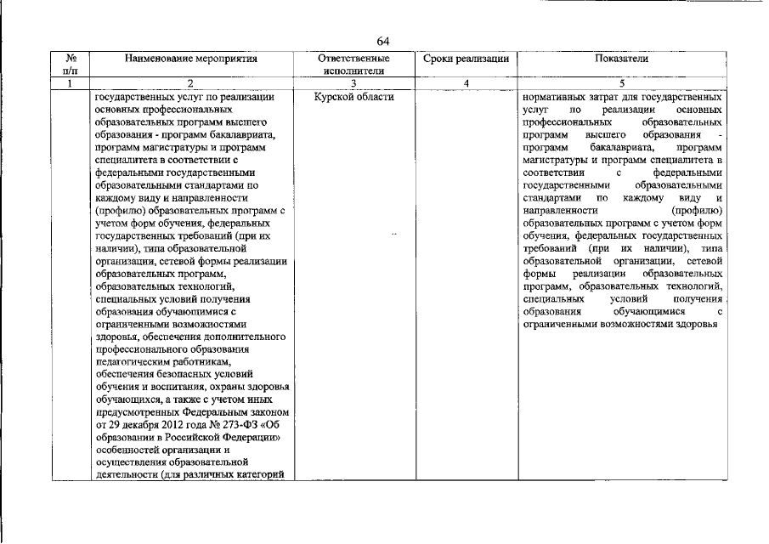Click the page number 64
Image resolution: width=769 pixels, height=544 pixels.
pos(383,41)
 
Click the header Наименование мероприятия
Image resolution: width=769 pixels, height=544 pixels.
pos(190,59)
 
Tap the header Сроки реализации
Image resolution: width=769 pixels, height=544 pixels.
pos(466,59)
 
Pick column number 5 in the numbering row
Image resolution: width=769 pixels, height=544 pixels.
pos(623,83)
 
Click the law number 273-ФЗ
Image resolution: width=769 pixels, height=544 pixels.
pos(229,424)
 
